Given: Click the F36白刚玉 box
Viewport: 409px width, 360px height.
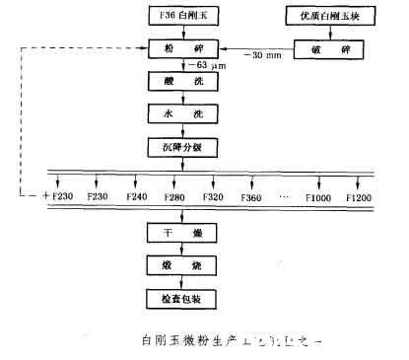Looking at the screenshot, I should tap(173, 17).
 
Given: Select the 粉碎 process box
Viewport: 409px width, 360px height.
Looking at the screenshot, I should tap(173, 47).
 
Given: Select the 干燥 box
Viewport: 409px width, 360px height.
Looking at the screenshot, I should tap(173, 233).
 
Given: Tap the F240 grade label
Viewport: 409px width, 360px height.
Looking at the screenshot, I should tap(135, 197).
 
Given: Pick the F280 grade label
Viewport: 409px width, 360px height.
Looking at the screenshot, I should tap(173, 197).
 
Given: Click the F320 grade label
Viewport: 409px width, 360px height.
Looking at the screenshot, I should tap(212, 197).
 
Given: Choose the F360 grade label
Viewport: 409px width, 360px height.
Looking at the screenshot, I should tap(250, 197).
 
